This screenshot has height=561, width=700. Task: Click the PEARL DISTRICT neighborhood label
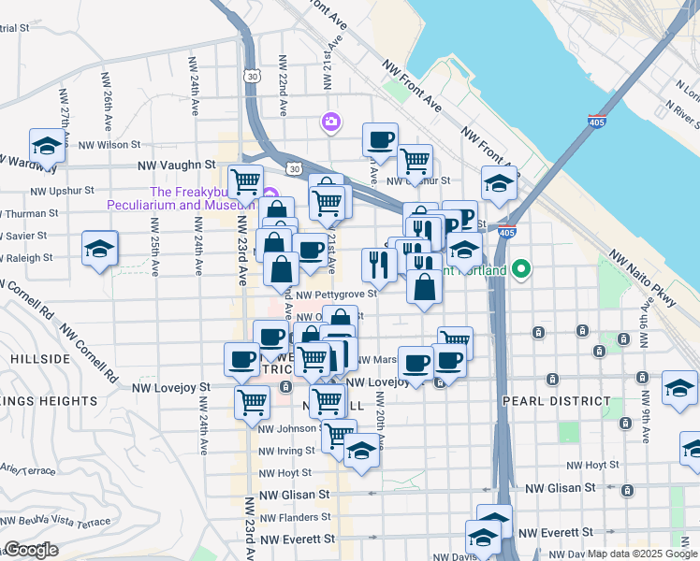tap(556, 400)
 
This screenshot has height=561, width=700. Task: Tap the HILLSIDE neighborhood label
tap(41, 358)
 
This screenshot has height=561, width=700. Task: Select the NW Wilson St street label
tap(109, 145)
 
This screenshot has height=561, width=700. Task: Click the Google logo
tap(31, 550)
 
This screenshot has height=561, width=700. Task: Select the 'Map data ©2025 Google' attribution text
tap(642, 554)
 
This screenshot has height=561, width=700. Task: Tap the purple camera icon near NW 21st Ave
tap(330, 122)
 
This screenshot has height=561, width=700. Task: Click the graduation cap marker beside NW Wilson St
tap(47, 146)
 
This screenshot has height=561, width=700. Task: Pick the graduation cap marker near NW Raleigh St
tap(99, 249)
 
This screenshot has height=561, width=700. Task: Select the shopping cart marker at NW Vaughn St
tap(245, 180)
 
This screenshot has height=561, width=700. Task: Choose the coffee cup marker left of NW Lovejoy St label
tap(241, 359)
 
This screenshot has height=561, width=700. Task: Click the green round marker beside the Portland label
tap(522, 271)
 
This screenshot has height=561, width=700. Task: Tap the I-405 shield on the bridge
tap(596, 122)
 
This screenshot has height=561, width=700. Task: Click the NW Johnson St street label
tap(289, 429)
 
